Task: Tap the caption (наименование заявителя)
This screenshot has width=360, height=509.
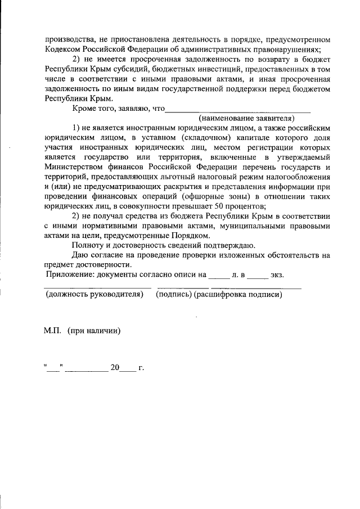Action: (x=246, y=118)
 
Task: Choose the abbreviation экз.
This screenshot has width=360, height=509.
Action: (x=277, y=275)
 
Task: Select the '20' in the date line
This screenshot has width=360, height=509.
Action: (x=115, y=368)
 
